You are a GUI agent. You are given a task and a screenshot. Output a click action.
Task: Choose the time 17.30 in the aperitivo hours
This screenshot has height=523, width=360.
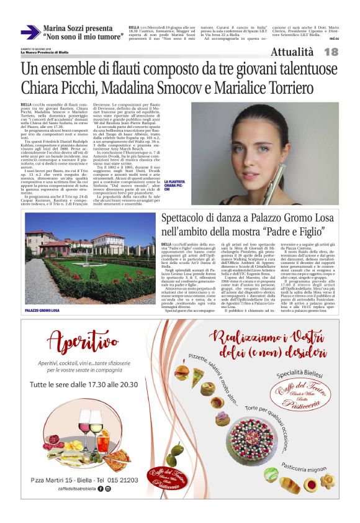[x=90, y=385]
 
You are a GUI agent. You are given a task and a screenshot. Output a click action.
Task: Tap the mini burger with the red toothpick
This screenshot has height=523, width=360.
[x=181, y=374]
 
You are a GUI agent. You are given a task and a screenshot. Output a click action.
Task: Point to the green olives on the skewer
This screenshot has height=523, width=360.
[x=176, y=453]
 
